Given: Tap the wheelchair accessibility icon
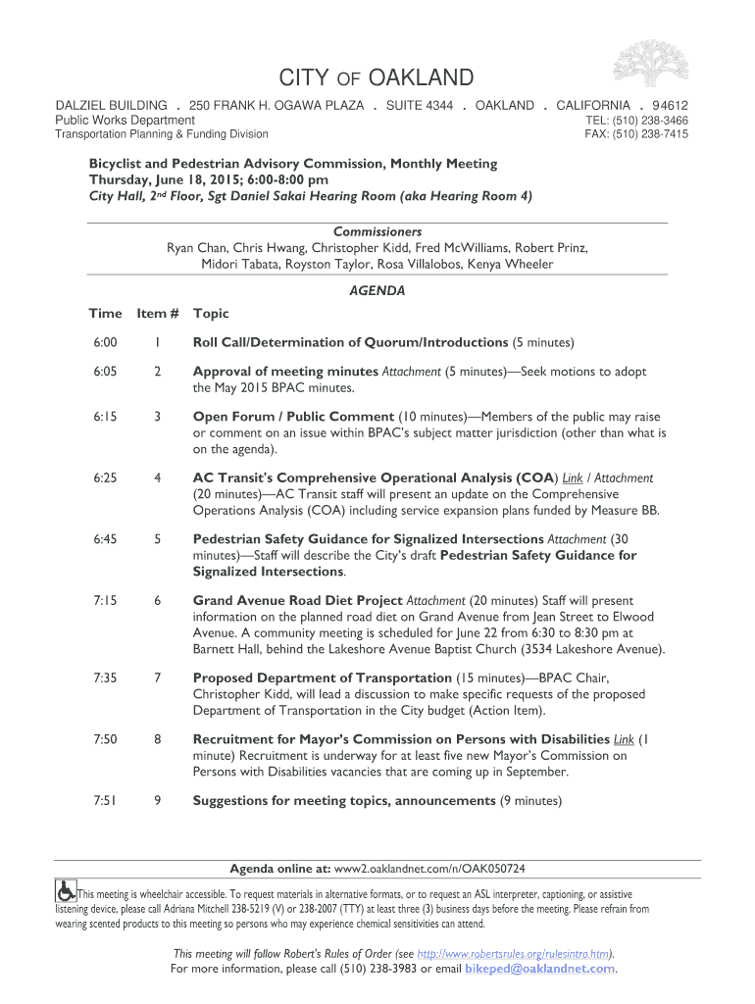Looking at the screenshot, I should [66, 890].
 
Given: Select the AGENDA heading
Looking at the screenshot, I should [377, 290].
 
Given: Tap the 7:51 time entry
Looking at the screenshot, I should [106, 801].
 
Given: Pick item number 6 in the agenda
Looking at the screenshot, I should [157, 600].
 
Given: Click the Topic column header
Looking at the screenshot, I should [211, 314].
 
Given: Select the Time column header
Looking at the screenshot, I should [105, 314].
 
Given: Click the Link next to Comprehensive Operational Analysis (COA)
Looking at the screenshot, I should [573, 478].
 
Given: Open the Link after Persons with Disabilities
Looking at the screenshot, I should [624, 739].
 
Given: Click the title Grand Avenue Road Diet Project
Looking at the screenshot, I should [297, 600].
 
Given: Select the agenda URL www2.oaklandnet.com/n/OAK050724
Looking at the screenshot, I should [430, 869].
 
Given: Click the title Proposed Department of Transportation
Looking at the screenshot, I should [322, 678].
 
